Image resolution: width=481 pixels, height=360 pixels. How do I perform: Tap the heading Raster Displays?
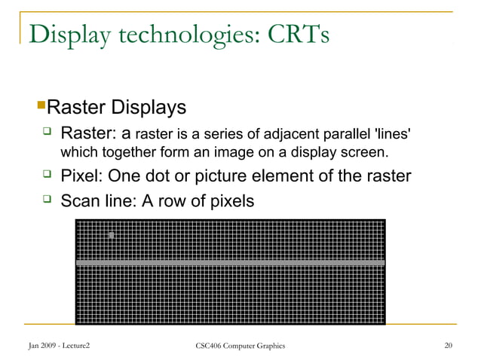tap(127, 107)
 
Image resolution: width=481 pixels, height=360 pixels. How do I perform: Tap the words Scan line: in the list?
tap(103, 201)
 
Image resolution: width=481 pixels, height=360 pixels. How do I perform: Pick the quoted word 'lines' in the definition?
tap(393, 136)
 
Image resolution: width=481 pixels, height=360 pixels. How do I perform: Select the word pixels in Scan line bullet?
tap(231, 201)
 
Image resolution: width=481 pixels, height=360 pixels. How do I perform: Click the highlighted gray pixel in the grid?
tap(112, 236)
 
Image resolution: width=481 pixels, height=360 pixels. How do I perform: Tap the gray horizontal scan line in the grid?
tap(231, 263)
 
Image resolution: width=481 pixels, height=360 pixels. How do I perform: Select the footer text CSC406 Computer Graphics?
tap(240, 346)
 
